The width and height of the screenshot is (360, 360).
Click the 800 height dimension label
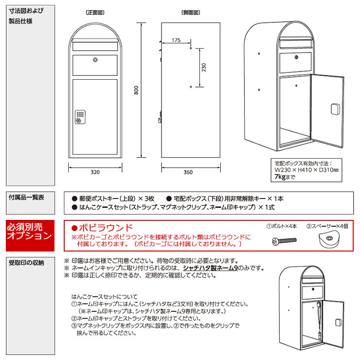[136, 90]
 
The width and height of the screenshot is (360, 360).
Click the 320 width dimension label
[95, 172]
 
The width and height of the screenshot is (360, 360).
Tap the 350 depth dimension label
[188, 172]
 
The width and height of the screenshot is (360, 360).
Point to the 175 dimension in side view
[176, 40]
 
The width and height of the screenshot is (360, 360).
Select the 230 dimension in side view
[204, 68]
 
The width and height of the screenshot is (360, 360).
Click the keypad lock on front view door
[80, 117]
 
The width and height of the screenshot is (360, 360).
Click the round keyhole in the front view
[95, 60]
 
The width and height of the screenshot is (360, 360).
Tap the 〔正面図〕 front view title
[95, 13]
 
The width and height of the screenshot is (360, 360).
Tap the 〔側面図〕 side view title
[191, 13]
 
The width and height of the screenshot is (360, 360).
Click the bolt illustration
[284, 241]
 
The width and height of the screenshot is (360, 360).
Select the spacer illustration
[328, 239]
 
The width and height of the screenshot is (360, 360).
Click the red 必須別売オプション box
[30, 235]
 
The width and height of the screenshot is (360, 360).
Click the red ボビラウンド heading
[102, 228]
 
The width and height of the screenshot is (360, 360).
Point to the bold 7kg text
[280, 177]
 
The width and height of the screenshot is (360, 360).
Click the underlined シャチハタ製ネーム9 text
[210, 268]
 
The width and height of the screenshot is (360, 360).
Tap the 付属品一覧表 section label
[26, 197]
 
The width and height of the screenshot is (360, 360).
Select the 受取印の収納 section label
[26, 263]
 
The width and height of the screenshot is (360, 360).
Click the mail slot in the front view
[95, 46]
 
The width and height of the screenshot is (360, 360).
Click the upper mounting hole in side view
[191, 48]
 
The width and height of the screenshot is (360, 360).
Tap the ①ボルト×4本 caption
[282, 226]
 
